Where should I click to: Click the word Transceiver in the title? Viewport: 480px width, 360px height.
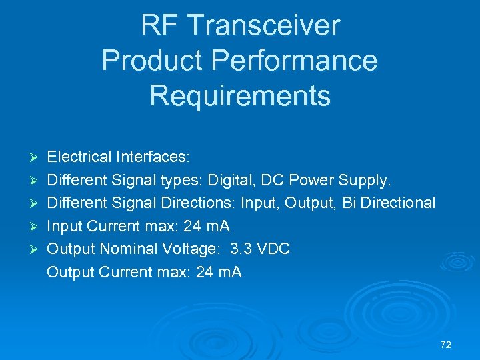point(265,26)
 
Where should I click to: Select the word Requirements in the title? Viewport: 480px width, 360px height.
point(240,95)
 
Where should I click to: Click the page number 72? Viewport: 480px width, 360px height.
point(446,345)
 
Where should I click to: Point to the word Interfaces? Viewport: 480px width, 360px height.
point(153,157)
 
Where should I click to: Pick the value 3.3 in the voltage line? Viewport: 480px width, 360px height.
point(241,249)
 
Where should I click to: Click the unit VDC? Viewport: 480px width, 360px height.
point(273,249)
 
